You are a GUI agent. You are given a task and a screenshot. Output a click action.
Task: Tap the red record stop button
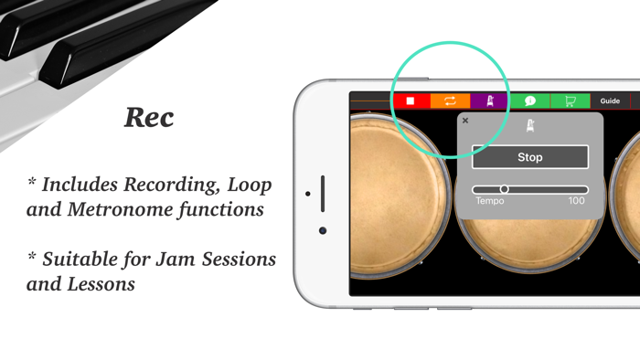[x=411, y=101]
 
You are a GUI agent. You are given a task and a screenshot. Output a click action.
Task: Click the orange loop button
[x=450, y=101]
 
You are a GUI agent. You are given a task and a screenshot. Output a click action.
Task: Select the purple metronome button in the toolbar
[x=490, y=101]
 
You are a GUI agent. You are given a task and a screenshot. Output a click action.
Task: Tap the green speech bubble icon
[x=530, y=101]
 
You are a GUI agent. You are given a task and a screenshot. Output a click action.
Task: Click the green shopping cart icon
[x=571, y=101]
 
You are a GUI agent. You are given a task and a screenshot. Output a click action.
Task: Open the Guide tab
[x=610, y=101]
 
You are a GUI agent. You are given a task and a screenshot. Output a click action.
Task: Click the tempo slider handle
[x=504, y=189]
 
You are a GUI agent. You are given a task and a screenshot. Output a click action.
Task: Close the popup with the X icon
[x=465, y=121]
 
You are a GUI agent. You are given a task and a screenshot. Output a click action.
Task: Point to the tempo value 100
[x=576, y=201]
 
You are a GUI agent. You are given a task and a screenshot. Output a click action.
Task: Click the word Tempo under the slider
[x=489, y=201]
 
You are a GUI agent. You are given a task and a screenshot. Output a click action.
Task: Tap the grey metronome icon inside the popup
[x=530, y=126]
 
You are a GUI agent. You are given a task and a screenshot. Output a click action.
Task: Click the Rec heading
[x=149, y=118]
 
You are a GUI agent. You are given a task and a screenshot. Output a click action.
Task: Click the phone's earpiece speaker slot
[x=323, y=194]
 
